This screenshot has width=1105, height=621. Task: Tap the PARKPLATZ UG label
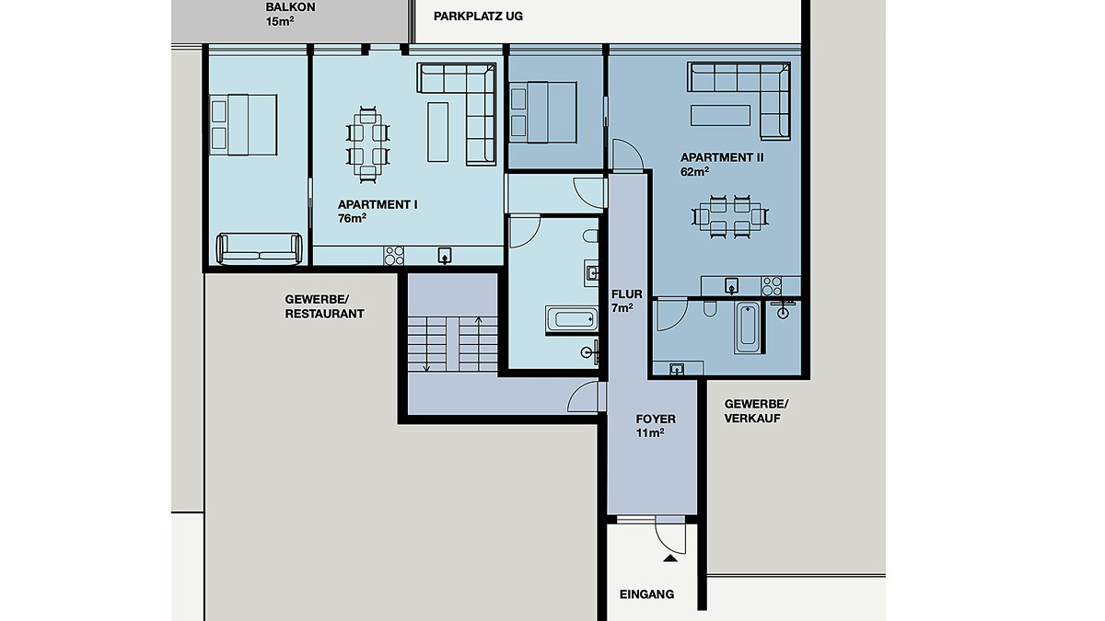[478, 17]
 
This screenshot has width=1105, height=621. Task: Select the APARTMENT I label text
[378, 204]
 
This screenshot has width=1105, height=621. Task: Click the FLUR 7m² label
[626, 301]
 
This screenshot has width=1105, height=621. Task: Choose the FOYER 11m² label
[655, 426]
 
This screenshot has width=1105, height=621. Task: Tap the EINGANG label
[646, 594]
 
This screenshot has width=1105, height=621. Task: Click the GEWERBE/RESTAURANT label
[324, 306]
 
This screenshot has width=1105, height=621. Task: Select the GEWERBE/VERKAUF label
[756, 411]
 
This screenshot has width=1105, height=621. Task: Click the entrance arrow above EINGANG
[669, 558]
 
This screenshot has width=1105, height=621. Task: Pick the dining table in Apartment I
[367, 145]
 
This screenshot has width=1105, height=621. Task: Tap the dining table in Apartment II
[729, 217]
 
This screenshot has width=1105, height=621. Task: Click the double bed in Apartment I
[243, 125]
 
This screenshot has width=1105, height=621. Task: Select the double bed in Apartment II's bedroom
[542, 112]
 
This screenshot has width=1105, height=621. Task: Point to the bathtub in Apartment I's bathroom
[572, 319]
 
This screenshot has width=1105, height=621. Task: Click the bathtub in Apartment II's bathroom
[747, 328]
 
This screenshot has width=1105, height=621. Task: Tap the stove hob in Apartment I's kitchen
[394, 256]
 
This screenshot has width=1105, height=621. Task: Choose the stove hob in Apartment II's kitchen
[771, 286]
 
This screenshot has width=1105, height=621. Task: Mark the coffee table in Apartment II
[720, 115]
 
